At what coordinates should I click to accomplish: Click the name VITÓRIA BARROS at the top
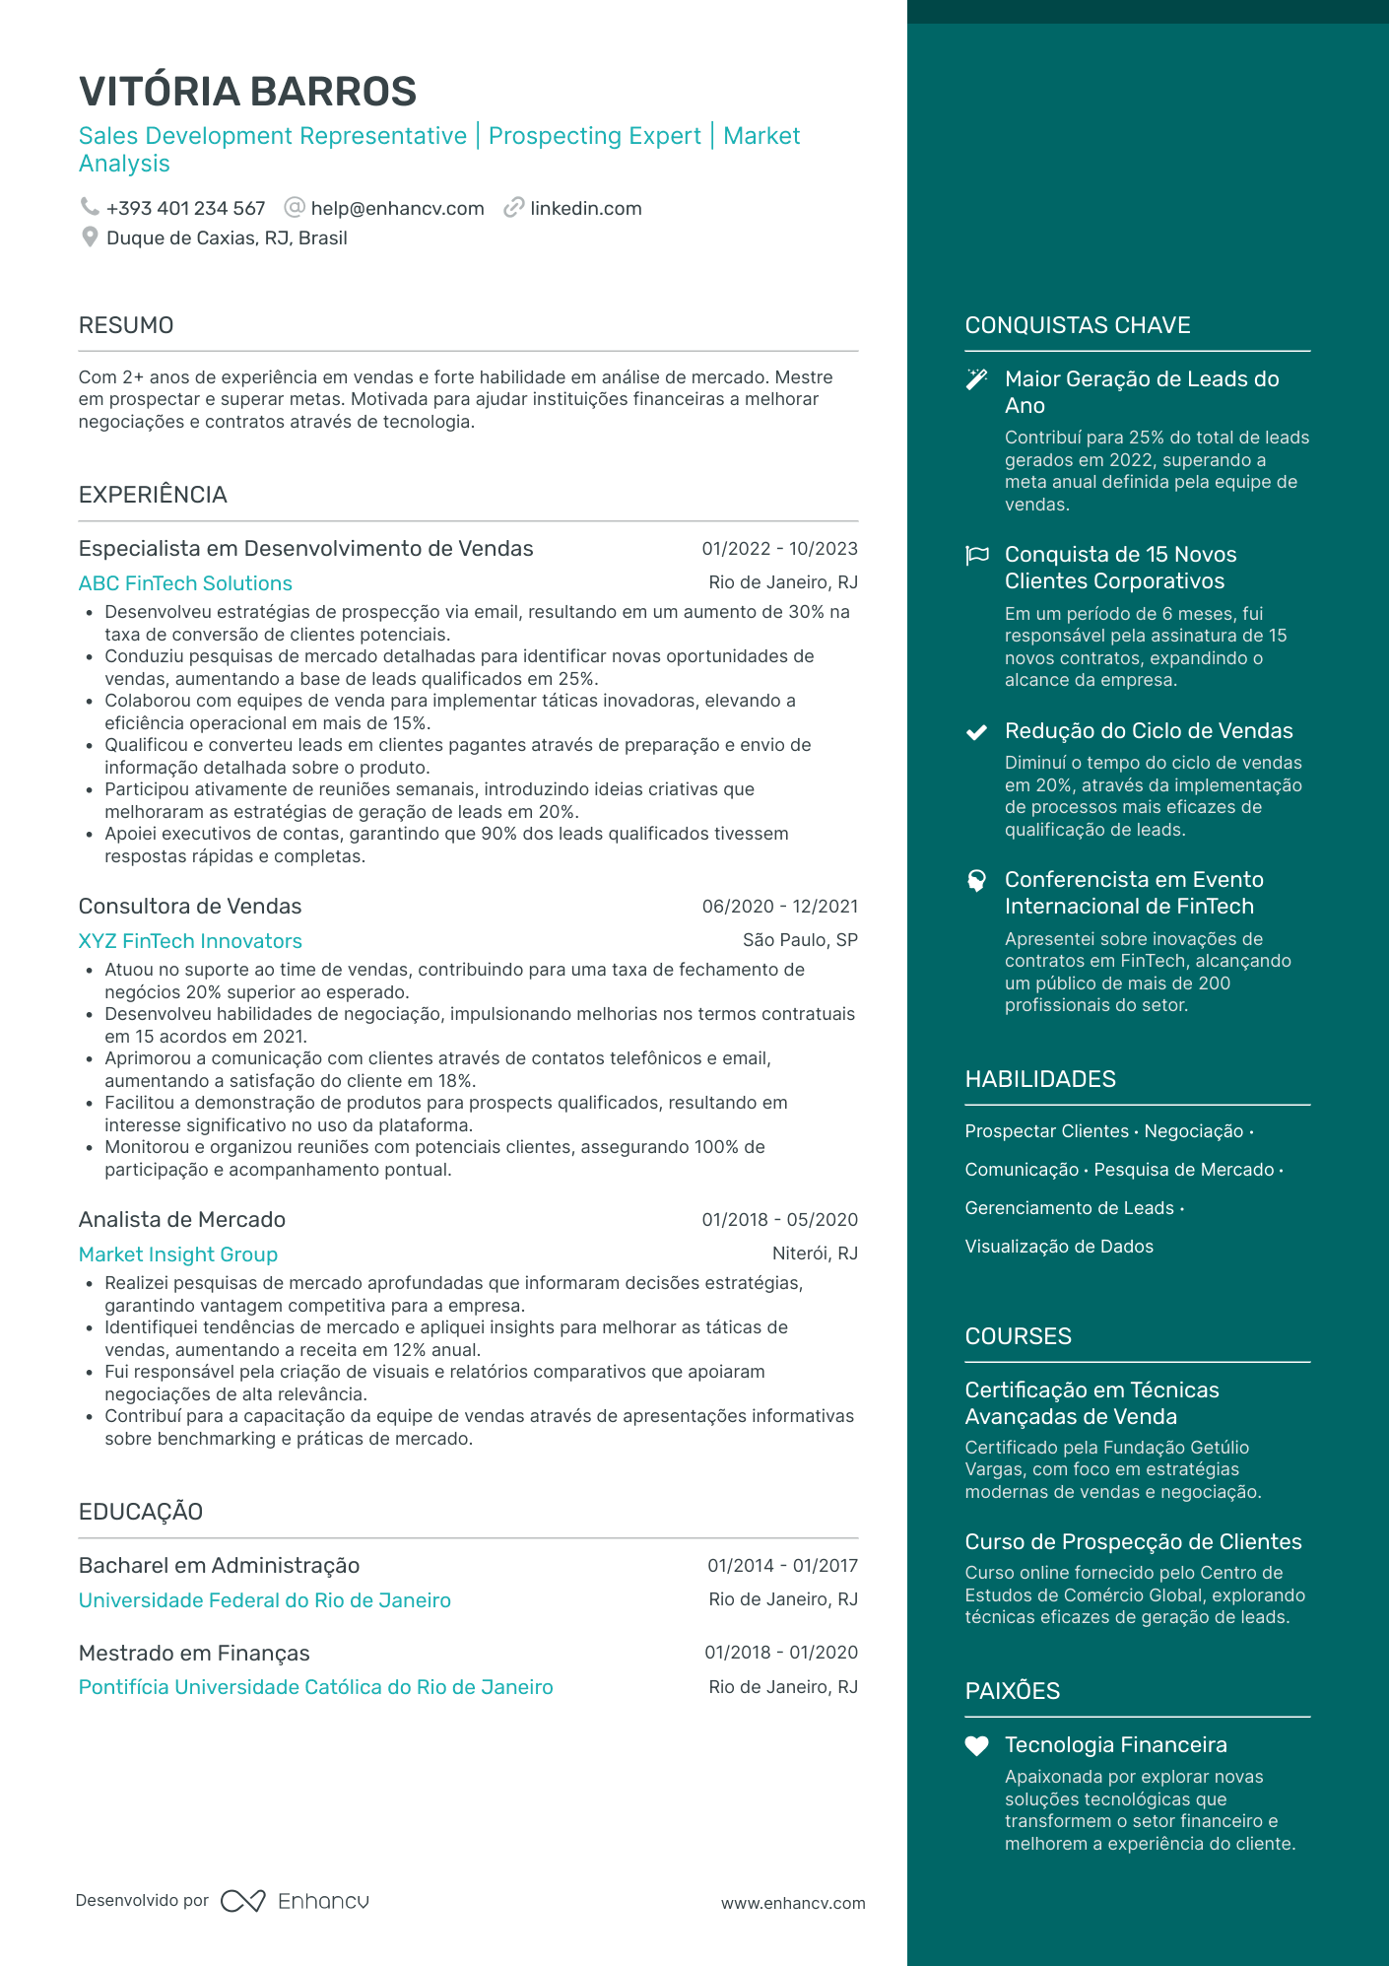pyautogui.click(x=247, y=92)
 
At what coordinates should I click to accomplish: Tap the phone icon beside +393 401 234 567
pyautogui.click(x=90, y=207)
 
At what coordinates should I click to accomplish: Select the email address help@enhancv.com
pyautogui.click(x=397, y=209)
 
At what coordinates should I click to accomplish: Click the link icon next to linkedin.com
pyautogui.click(x=513, y=208)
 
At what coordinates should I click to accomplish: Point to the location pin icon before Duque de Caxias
pyautogui.click(x=90, y=237)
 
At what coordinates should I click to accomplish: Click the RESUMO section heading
pyautogui.click(x=126, y=325)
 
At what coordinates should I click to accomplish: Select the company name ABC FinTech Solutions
pyautogui.click(x=185, y=583)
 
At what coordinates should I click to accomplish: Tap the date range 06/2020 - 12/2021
pyautogui.click(x=779, y=907)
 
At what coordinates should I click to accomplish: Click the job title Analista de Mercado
pyautogui.click(x=182, y=1220)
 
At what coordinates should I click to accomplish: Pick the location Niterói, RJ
pyautogui.click(x=815, y=1254)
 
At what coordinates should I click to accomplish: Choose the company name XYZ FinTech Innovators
pyautogui.click(x=190, y=941)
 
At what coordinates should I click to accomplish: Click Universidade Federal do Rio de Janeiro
pyautogui.click(x=265, y=1600)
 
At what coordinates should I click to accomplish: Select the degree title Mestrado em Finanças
pyautogui.click(x=194, y=1654)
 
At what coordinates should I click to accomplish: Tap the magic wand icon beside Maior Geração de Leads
pyautogui.click(x=976, y=379)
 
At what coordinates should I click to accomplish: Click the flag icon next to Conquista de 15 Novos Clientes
pyautogui.click(x=976, y=555)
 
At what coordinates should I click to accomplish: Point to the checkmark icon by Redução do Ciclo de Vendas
pyautogui.click(x=976, y=731)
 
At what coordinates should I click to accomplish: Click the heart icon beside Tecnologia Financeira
pyautogui.click(x=976, y=1745)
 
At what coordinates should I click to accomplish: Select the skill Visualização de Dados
pyautogui.click(x=1059, y=1247)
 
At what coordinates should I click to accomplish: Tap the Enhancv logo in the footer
pyautogui.click(x=295, y=1901)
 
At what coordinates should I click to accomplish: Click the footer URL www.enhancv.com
pyautogui.click(x=793, y=1903)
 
